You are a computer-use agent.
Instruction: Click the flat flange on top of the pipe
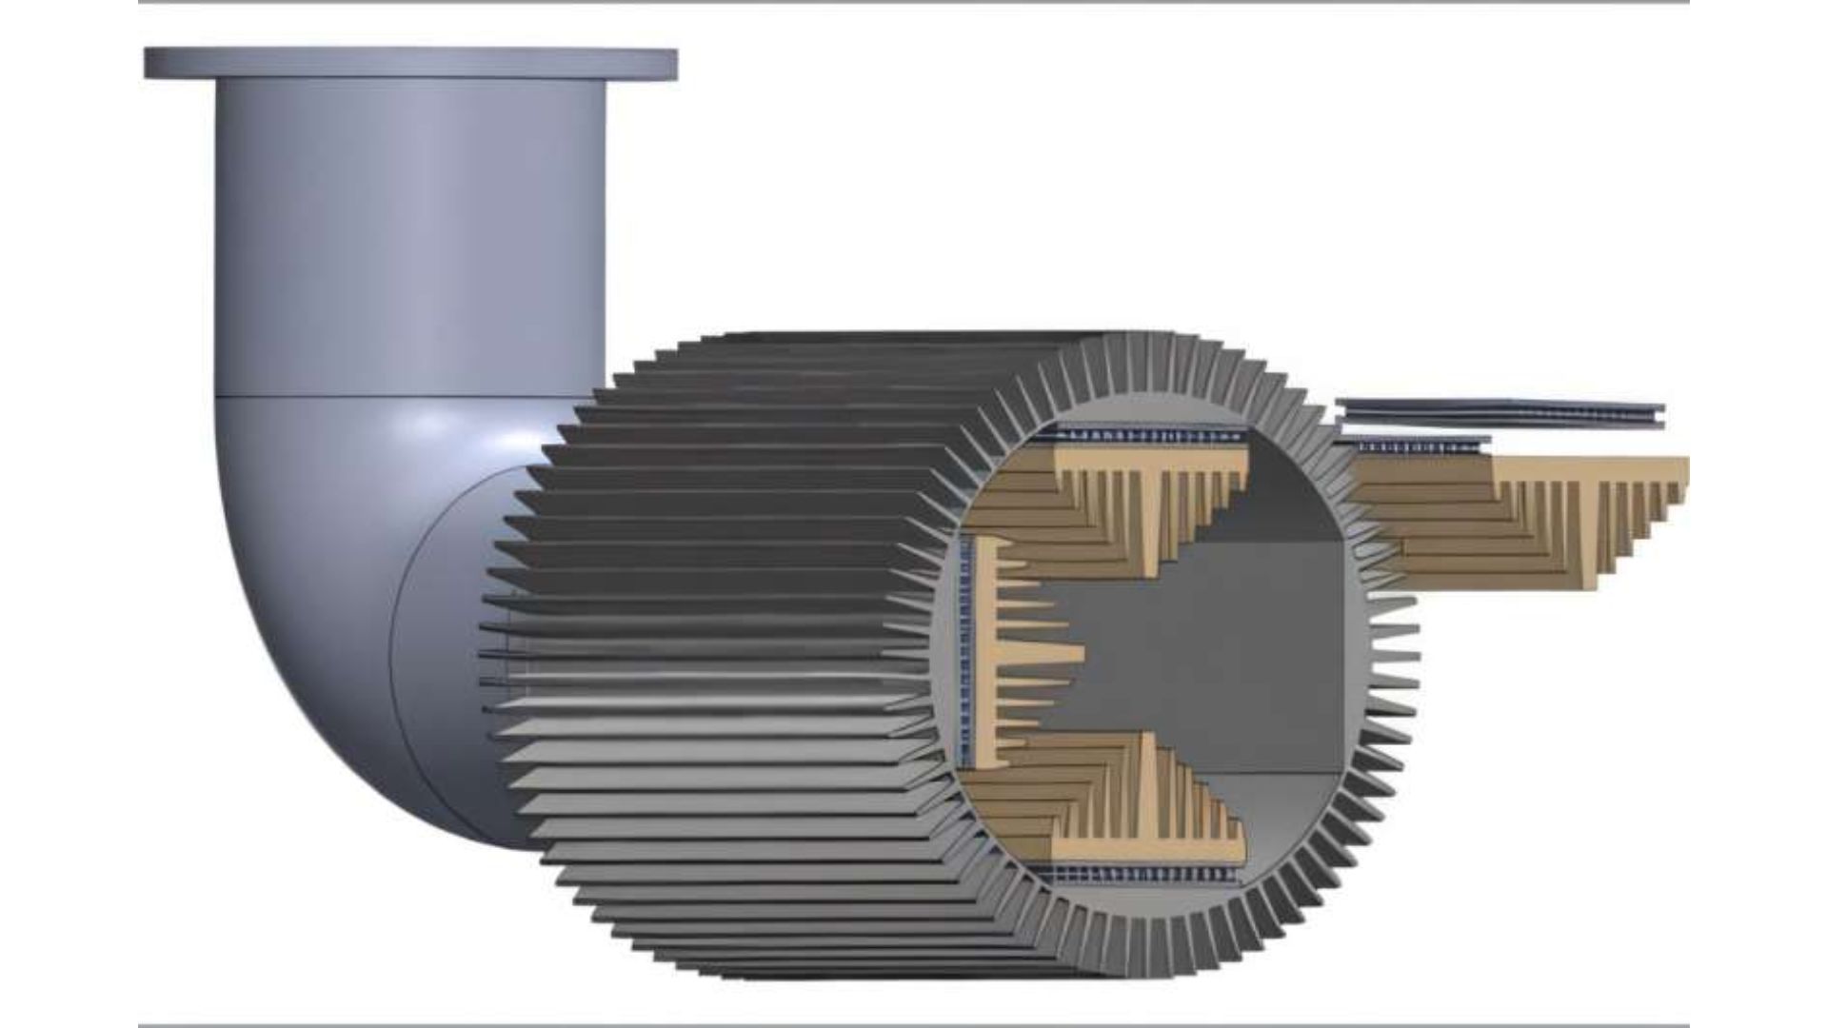pyautogui.click(x=409, y=63)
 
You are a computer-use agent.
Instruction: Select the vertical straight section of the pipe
pyautogui.click(x=409, y=238)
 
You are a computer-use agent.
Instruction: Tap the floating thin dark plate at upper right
pyautogui.click(x=1500, y=413)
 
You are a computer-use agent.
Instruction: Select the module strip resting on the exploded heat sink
pyautogui.click(x=1419, y=445)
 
